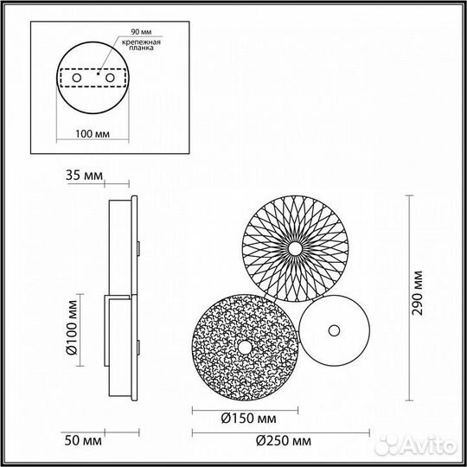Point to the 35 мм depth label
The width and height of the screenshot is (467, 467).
(x=84, y=176)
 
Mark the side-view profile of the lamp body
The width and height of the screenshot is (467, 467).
(x=122, y=303)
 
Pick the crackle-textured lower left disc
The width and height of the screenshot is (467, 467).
(x=229, y=363)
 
